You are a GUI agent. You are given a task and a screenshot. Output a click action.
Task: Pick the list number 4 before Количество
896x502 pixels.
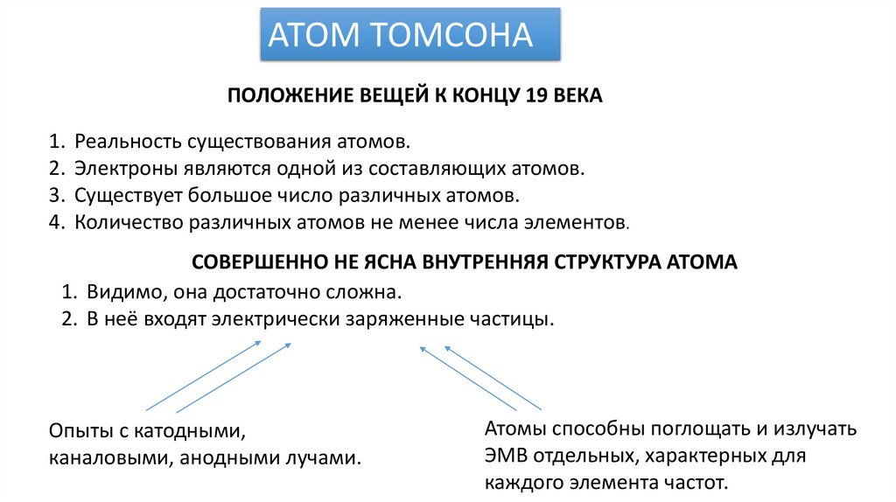[x=55, y=222]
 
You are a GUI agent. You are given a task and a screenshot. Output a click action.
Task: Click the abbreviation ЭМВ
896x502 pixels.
[x=503, y=456]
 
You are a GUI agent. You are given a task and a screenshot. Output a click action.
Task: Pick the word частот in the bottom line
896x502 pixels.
[x=696, y=483]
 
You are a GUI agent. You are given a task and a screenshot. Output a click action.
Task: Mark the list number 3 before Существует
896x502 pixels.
[x=55, y=195]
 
